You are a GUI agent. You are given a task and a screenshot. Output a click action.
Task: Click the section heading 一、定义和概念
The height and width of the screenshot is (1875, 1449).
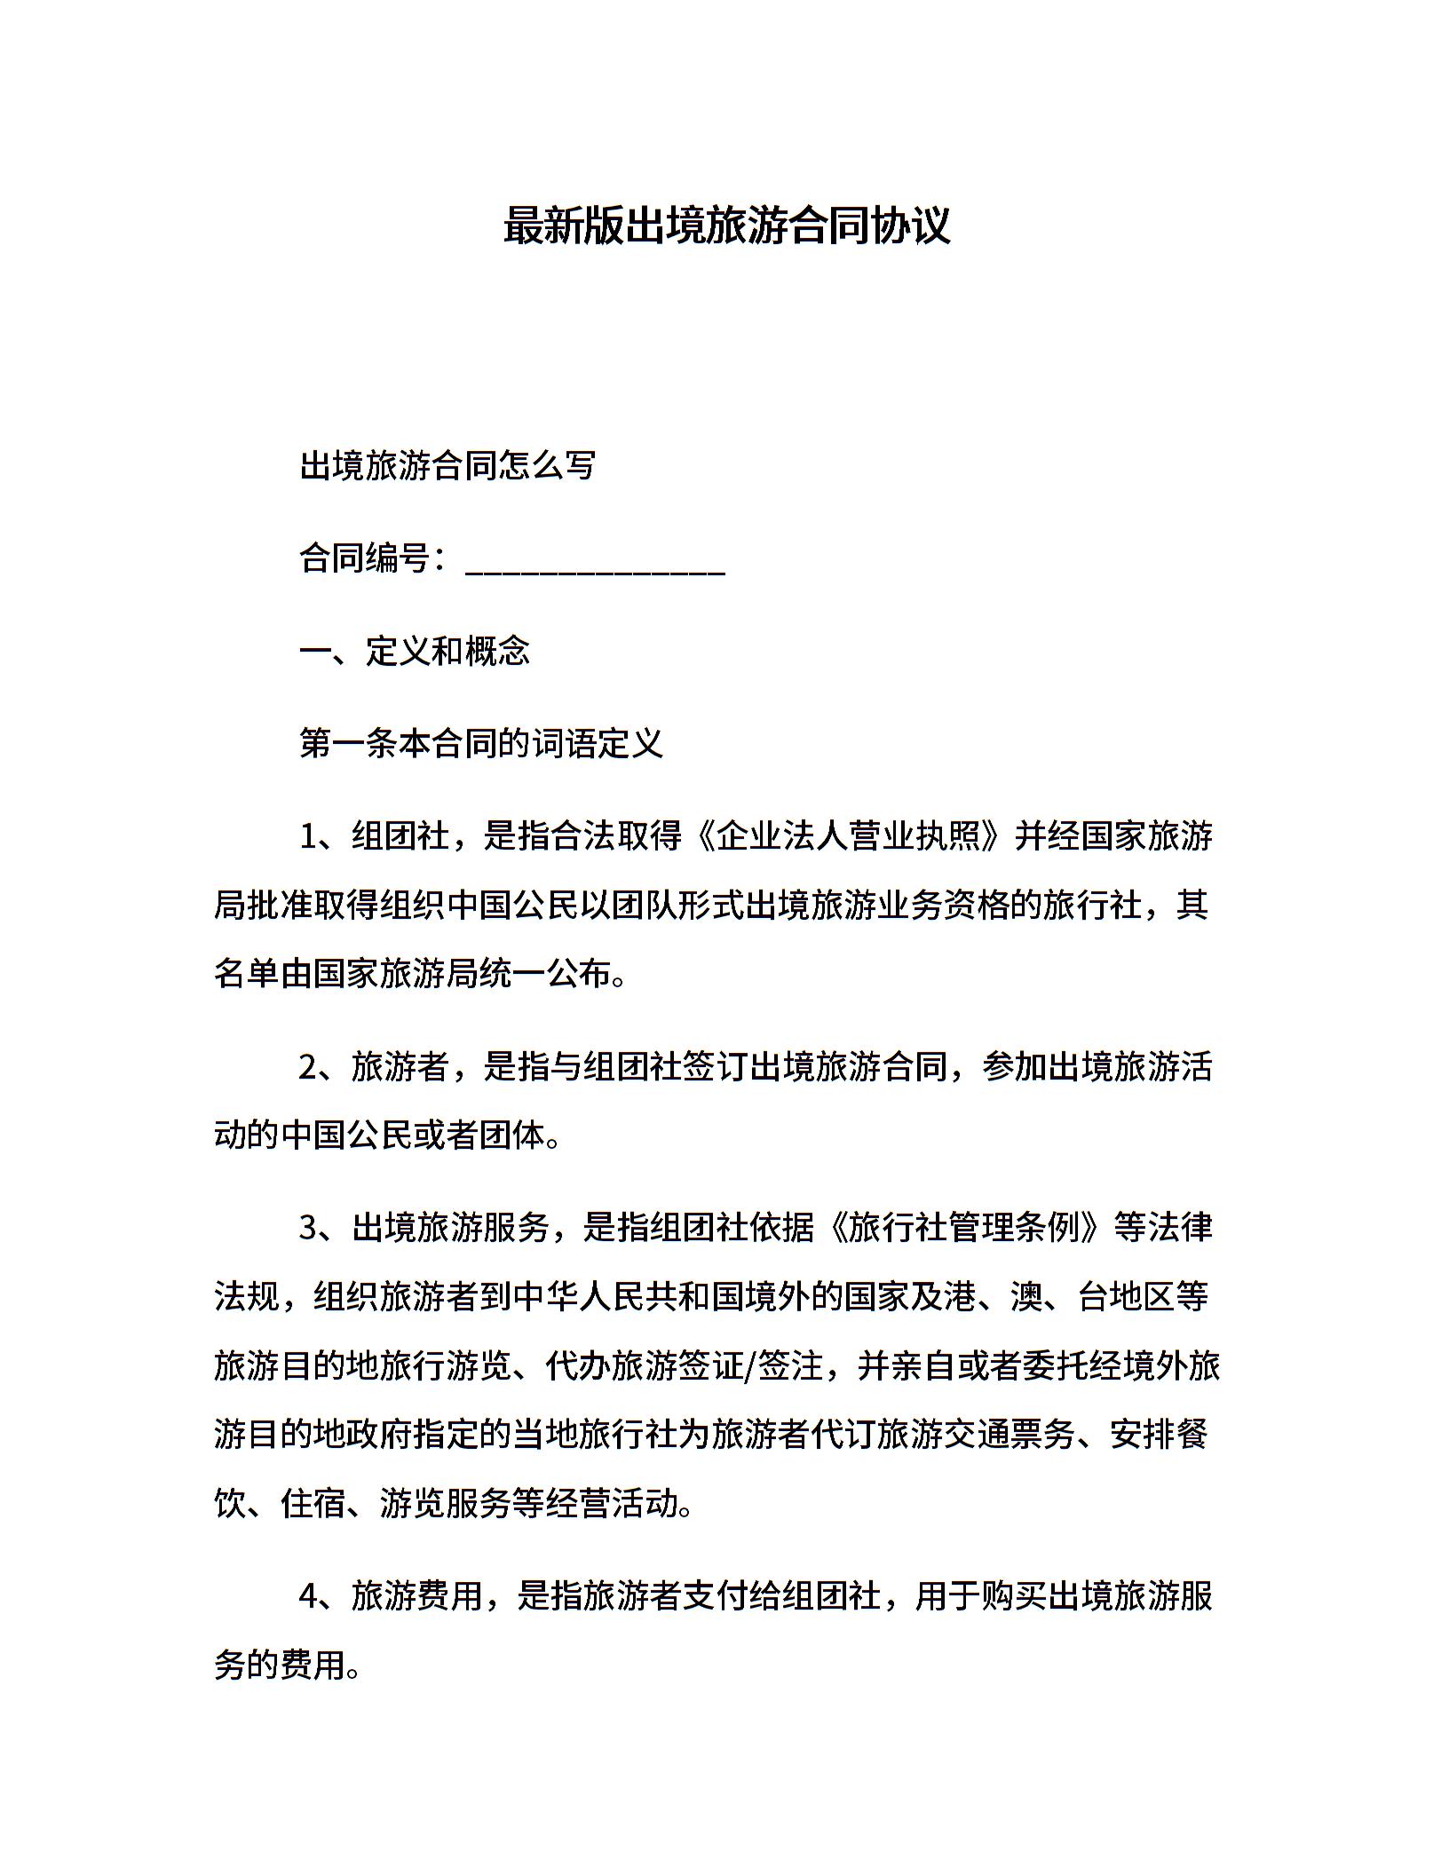pos(415,652)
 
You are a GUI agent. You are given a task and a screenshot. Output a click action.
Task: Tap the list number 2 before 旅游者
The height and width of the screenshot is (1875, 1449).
pos(308,1067)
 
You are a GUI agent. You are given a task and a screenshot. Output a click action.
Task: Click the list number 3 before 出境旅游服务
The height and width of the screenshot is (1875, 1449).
pos(308,1229)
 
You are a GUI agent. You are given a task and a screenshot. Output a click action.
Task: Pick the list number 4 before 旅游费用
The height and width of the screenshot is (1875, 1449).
pos(308,1596)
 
